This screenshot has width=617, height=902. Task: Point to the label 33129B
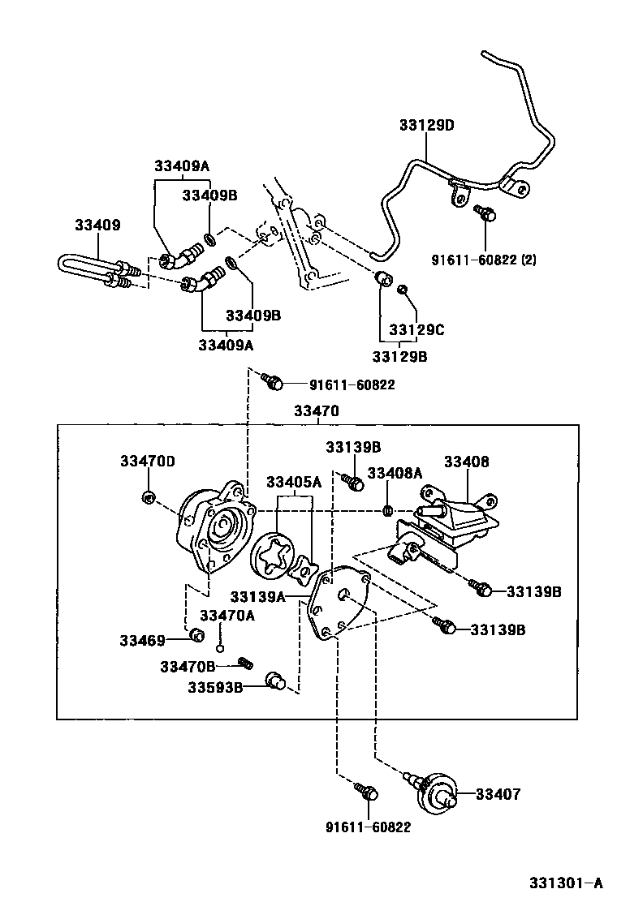point(400,356)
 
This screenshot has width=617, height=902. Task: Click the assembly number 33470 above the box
point(316,412)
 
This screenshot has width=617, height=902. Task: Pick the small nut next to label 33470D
point(148,496)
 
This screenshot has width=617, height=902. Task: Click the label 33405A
point(294,482)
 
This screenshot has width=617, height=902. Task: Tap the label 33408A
point(395,473)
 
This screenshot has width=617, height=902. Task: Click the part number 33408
point(466,462)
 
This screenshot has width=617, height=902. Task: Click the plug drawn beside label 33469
point(195,634)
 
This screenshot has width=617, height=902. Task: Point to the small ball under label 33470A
point(219,648)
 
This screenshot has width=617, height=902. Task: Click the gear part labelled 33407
point(438,792)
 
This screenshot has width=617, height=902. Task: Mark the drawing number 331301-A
point(567,883)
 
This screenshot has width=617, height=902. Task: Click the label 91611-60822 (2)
point(484,260)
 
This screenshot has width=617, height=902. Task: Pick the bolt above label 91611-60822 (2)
point(485,213)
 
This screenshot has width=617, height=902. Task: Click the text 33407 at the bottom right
point(498,794)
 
